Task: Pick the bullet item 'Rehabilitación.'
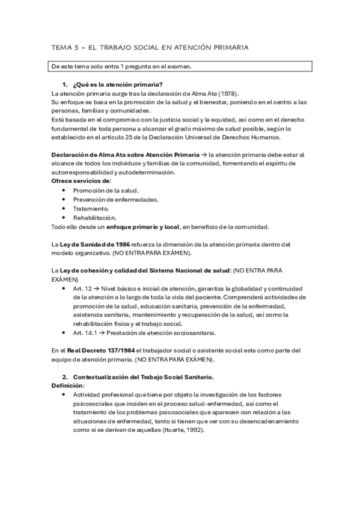(94, 217)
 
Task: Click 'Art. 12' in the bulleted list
(82, 289)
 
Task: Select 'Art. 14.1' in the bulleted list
(86, 333)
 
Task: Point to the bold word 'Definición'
(67, 385)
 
